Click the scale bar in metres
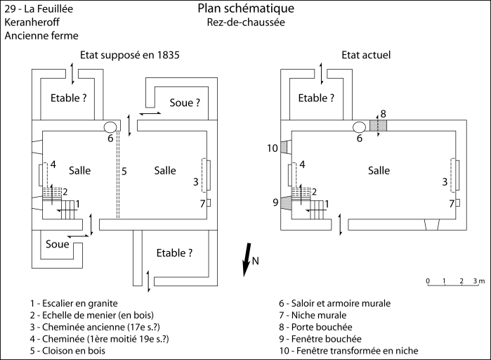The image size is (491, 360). click(x=453, y=285)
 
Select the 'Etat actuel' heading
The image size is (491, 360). click(x=366, y=55)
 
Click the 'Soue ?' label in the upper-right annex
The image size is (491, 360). click(x=185, y=103)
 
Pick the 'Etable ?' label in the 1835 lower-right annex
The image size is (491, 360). click(x=176, y=253)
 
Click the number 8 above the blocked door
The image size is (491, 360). click(x=383, y=114)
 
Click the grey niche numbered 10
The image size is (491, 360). click(x=284, y=147)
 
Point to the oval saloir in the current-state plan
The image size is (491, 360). click(x=359, y=127)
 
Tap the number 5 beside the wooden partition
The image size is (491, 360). click(x=124, y=170)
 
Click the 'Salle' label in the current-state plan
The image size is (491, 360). click(x=379, y=170)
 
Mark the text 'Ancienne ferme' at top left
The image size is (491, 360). click(x=41, y=35)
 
